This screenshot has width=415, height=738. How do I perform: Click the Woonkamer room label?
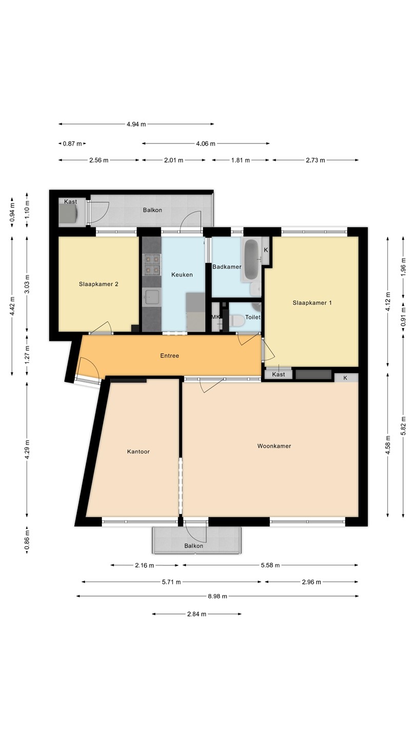click(x=274, y=446)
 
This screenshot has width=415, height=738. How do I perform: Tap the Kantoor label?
click(x=138, y=452)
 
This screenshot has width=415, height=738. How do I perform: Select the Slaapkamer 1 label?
click(x=312, y=303)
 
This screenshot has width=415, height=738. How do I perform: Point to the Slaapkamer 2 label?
click(x=98, y=284)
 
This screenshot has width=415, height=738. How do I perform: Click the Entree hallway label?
click(x=170, y=356)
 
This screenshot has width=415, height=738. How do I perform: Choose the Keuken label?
click(x=182, y=275)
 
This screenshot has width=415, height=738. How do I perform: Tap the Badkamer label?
click(x=226, y=267)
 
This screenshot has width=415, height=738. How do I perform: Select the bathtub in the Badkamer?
click(x=252, y=260)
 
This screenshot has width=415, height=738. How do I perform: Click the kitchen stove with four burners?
click(x=152, y=265)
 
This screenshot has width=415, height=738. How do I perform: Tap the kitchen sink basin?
click(x=152, y=297)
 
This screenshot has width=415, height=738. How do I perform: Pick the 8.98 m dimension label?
click(x=217, y=596)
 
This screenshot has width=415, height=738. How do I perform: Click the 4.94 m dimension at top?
click(x=136, y=124)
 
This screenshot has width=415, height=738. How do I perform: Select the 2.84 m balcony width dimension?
click(x=197, y=614)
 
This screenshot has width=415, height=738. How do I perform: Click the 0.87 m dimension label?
click(x=72, y=143)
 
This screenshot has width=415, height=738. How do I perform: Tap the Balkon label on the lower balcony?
click(x=194, y=546)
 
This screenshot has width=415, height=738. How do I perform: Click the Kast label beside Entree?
click(x=278, y=374)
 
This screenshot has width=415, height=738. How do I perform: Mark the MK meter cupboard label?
click(x=215, y=317)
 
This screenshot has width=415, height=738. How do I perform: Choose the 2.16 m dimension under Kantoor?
click(x=144, y=565)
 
